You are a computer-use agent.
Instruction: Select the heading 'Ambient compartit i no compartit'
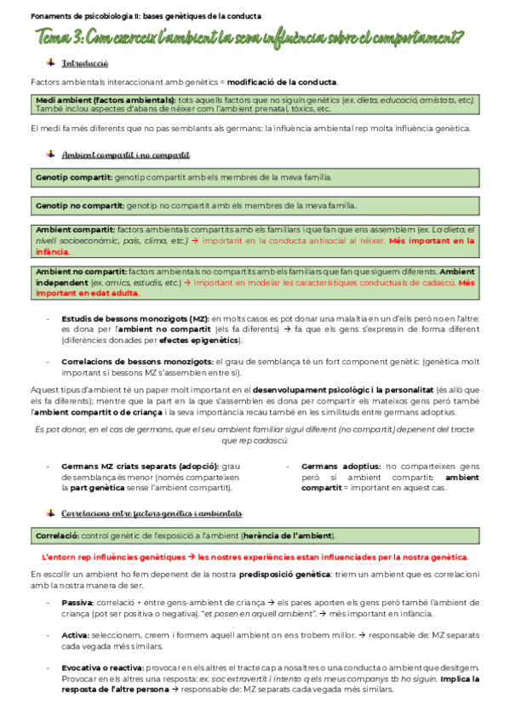pyautogui.click(x=125, y=155)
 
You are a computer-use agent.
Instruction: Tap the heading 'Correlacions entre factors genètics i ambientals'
pyautogui.click(x=152, y=513)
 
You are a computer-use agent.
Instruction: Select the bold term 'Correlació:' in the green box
pyautogui.click(x=57, y=536)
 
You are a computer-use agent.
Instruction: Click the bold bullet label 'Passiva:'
pyautogui.click(x=78, y=602)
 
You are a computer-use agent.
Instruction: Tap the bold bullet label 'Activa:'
pyautogui.click(x=76, y=635)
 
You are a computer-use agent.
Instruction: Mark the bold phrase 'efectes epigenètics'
pyautogui.click(x=203, y=340)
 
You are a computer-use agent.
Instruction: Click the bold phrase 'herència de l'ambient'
pyautogui.click(x=288, y=536)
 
